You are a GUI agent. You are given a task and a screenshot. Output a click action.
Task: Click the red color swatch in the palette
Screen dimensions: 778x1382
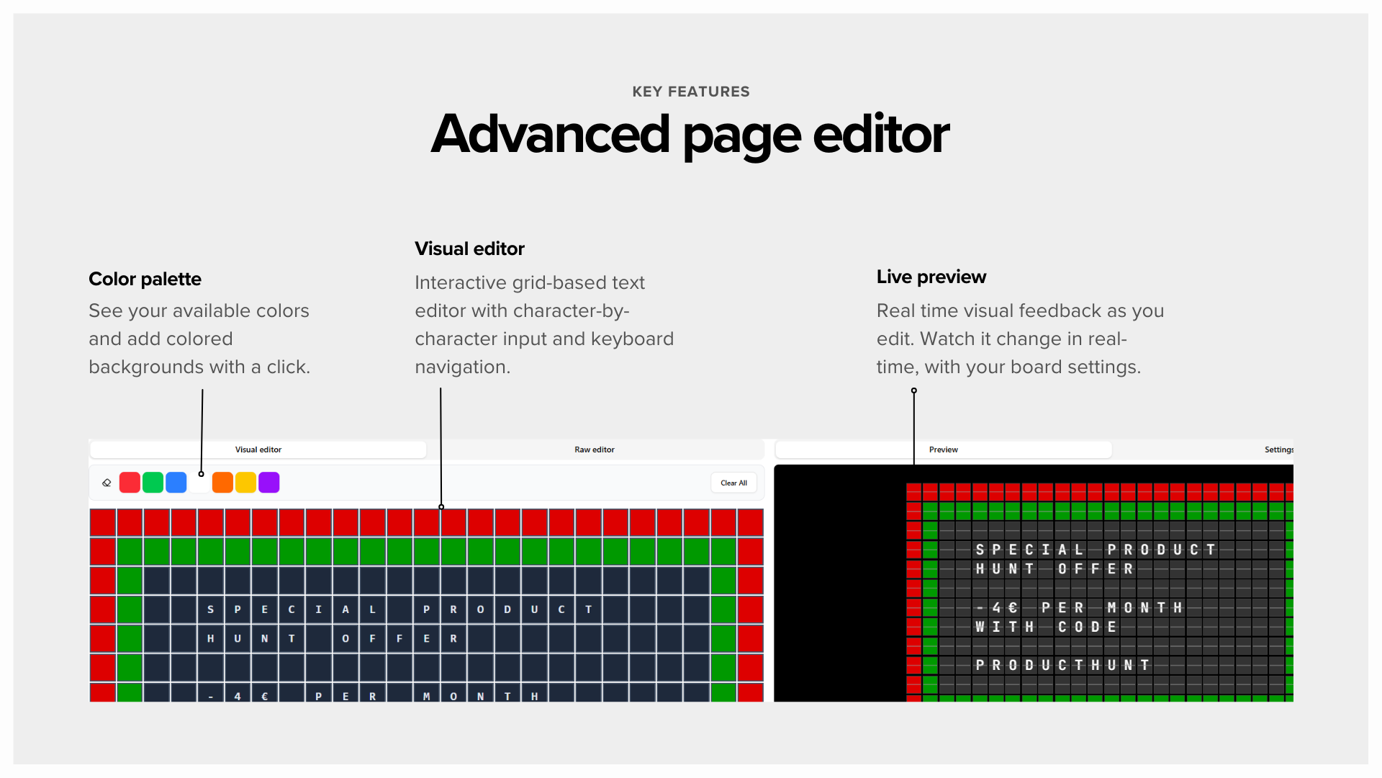(130, 483)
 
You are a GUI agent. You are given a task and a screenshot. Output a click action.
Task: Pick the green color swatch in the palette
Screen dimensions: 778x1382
(153, 483)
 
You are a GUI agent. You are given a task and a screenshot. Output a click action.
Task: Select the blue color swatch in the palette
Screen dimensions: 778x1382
(176, 483)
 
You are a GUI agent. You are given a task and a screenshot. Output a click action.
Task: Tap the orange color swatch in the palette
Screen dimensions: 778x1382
(222, 483)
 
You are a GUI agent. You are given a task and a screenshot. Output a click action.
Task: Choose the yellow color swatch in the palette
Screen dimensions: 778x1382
(245, 483)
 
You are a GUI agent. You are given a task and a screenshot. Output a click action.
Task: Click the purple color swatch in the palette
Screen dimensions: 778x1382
(268, 483)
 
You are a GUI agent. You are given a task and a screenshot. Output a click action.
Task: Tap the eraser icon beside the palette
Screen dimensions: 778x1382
(107, 483)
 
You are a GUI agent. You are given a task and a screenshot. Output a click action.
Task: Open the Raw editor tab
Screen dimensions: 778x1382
(594, 450)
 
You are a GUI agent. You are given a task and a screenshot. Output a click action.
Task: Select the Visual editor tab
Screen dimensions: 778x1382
(258, 450)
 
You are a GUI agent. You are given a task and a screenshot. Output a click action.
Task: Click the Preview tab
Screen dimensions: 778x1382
(943, 450)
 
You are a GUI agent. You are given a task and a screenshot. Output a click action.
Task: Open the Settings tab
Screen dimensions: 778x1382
(1278, 450)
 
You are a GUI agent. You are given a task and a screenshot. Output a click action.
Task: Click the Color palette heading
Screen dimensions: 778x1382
(145, 279)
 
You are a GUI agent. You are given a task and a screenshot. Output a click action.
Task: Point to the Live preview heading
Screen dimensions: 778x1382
(931, 277)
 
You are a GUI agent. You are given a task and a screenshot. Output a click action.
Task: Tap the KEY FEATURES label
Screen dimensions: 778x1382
(690, 91)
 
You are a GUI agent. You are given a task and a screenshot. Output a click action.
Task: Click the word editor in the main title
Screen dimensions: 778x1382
(880, 135)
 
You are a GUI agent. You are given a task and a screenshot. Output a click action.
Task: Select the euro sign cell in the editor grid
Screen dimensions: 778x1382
(264, 696)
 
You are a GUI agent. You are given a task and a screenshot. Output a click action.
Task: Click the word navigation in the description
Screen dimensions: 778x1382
(462, 367)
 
